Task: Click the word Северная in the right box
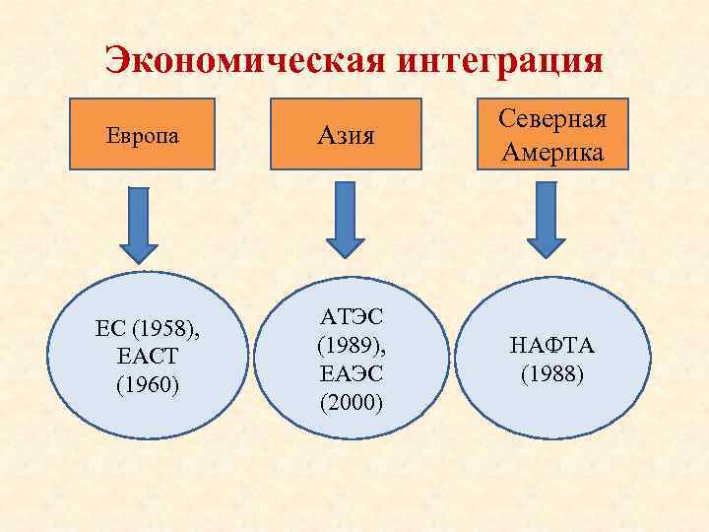[552, 119]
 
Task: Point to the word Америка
[552, 154]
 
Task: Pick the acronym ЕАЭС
[353, 374]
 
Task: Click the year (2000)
[353, 403]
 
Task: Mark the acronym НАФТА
[545, 346]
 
